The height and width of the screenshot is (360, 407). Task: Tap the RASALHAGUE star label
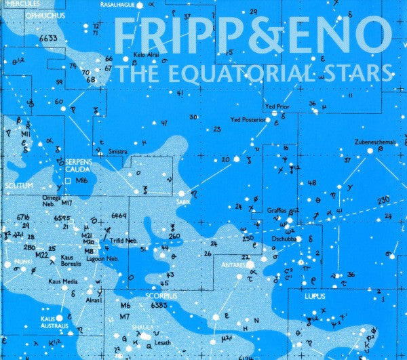pos(117,4)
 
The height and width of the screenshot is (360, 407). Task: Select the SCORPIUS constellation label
pos(161,296)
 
